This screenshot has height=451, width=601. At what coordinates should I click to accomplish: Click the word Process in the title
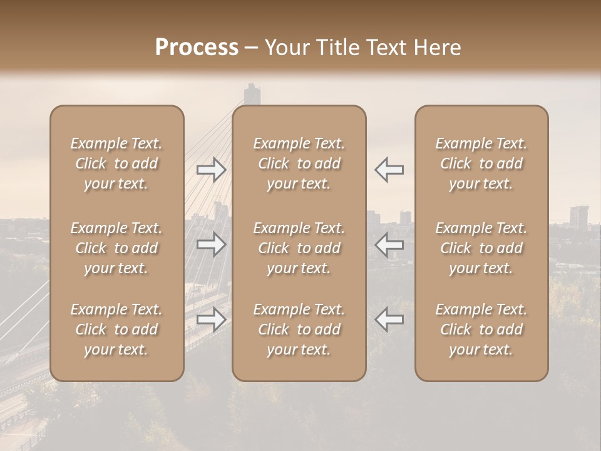click(x=197, y=48)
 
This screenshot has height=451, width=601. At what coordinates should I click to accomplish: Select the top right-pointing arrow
click(x=212, y=170)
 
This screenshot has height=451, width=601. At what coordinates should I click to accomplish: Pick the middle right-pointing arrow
click(x=212, y=244)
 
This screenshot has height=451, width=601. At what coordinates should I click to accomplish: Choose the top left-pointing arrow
click(x=389, y=170)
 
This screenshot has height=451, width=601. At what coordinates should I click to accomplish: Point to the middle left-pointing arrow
click(x=389, y=244)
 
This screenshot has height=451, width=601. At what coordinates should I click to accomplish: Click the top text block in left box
click(x=116, y=163)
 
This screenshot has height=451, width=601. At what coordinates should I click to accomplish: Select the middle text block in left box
click(x=116, y=248)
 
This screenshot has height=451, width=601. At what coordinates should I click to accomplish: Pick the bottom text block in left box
click(x=116, y=329)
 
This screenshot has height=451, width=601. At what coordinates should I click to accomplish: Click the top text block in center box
click(x=299, y=163)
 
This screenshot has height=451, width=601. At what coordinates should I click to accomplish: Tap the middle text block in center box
click(x=299, y=248)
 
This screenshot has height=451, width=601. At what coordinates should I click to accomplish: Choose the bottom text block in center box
click(x=299, y=329)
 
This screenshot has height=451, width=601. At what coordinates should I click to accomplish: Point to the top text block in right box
click(x=481, y=163)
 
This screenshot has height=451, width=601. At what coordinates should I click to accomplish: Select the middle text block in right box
click(x=481, y=248)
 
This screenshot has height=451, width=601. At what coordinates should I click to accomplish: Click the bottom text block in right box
click(x=481, y=329)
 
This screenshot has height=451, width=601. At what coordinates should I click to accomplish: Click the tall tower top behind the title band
click(x=252, y=93)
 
